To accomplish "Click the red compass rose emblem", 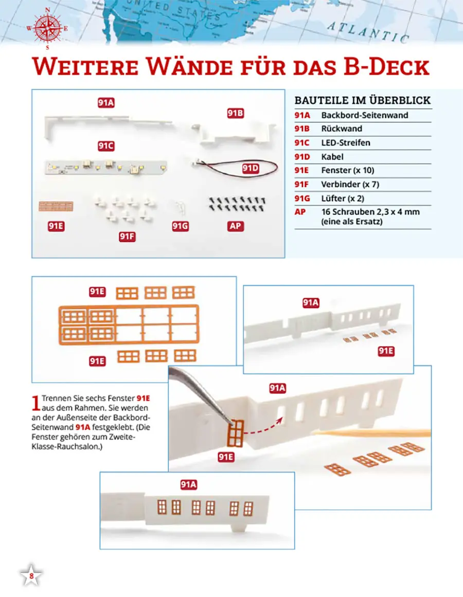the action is (48, 28).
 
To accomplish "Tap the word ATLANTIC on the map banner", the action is (368, 32).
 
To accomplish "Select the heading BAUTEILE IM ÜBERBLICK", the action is (363, 100).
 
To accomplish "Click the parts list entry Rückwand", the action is (342, 129).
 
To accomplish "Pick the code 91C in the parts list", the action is (301, 143).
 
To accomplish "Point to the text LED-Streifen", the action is (346, 143).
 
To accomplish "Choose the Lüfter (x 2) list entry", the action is (343, 198).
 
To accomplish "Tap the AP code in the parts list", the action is (300, 212).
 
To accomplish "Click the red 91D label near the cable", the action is (251, 168).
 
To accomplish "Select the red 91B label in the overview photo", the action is (235, 113).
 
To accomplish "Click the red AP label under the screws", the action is (235, 226).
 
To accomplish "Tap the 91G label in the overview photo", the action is (180, 226).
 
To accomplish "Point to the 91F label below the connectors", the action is (127, 237).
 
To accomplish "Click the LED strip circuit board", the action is (106, 167).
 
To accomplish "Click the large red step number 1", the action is (36, 404).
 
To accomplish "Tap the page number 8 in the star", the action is (31, 576).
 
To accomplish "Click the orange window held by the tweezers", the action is (235, 433).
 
